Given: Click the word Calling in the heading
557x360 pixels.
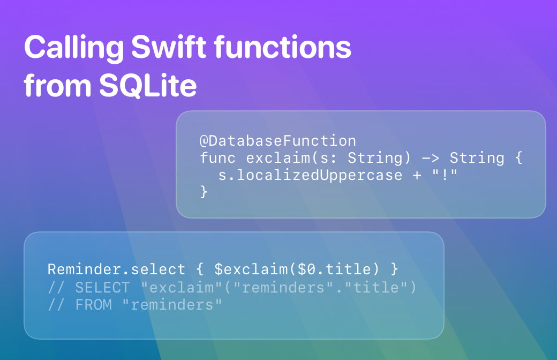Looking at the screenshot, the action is click(74, 49).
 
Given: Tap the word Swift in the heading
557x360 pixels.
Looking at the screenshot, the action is click(169, 47).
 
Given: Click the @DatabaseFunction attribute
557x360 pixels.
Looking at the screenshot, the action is click(278, 141).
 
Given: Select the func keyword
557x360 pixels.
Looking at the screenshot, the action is click(217, 158).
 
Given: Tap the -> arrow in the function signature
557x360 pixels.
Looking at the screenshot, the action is click(430, 158).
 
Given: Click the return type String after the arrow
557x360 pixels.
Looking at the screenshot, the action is click(477, 158).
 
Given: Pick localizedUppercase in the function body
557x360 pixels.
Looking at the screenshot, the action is click(319, 175).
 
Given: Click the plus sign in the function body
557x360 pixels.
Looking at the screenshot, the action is click(417, 175).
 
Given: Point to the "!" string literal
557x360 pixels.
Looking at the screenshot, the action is click(445, 175).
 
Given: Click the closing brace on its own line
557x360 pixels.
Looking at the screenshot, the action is click(204, 192).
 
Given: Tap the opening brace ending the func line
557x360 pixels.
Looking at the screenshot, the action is click(518, 158).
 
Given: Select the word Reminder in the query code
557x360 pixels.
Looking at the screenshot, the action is click(85, 269).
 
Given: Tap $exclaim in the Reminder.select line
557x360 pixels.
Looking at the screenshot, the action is click(251, 269).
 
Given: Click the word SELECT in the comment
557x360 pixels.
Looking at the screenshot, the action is click(103, 288).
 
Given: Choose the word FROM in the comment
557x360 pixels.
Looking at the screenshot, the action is click(93, 305).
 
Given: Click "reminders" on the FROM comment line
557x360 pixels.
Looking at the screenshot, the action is click(172, 305).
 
